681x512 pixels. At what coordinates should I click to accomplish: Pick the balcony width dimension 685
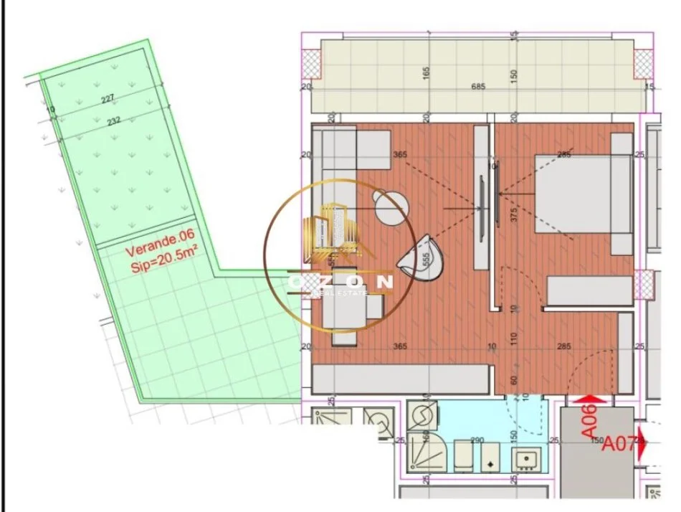click(x=479, y=87)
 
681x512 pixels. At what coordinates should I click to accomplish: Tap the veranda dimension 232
click(x=113, y=122)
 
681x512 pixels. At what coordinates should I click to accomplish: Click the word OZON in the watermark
click(x=340, y=282)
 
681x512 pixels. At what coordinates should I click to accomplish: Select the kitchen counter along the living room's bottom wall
click(x=401, y=378)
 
